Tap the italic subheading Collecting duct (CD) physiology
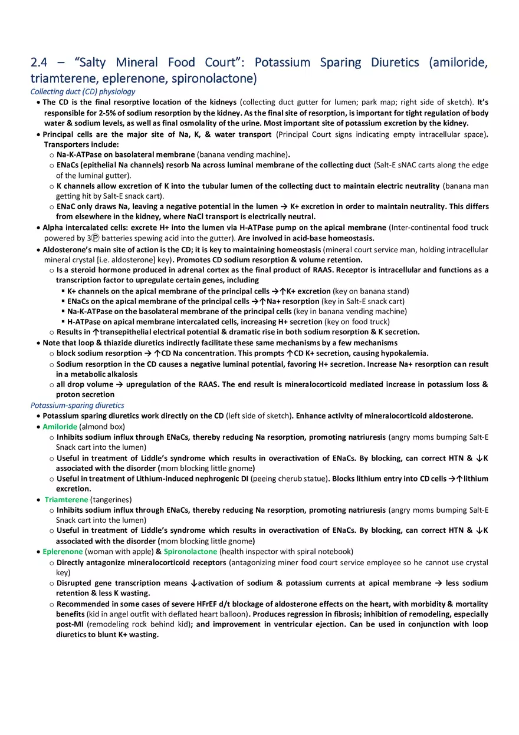(83, 91)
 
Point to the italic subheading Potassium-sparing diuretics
(77, 405)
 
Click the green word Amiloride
(60, 426)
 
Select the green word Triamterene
(66, 499)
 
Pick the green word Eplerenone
(63, 552)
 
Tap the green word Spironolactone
(190, 552)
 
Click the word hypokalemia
(406, 353)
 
